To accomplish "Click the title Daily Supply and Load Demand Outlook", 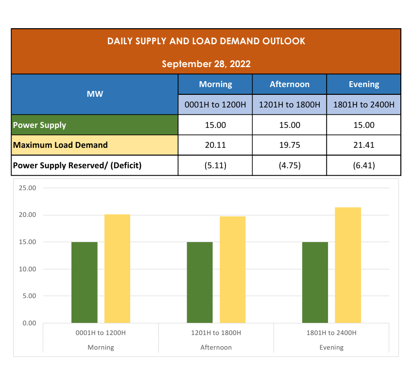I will click(x=206, y=41).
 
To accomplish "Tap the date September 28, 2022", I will click(x=206, y=64).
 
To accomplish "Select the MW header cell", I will click(x=95, y=94).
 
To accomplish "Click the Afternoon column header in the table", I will click(x=290, y=84).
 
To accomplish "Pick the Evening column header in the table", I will click(x=364, y=84).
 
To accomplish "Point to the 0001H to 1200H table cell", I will click(x=215, y=105).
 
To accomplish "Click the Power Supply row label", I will click(x=39, y=125).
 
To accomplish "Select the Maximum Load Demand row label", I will click(x=60, y=145).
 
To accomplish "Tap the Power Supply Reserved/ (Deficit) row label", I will click(x=77, y=165).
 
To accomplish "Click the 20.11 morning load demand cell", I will click(x=215, y=145).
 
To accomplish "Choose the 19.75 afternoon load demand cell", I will click(x=290, y=145).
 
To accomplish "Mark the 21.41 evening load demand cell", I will click(x=364, y=145).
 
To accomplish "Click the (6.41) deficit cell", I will click(x=364, y=165).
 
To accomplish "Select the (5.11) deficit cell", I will click(x=215, y=165).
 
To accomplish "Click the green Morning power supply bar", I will click(x=85, y=282).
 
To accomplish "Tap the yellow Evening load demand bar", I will click(x=348, y=265).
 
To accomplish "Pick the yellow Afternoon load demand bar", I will click(x=233, y=270).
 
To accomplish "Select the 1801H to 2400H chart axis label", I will click(x=331, y=333).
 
